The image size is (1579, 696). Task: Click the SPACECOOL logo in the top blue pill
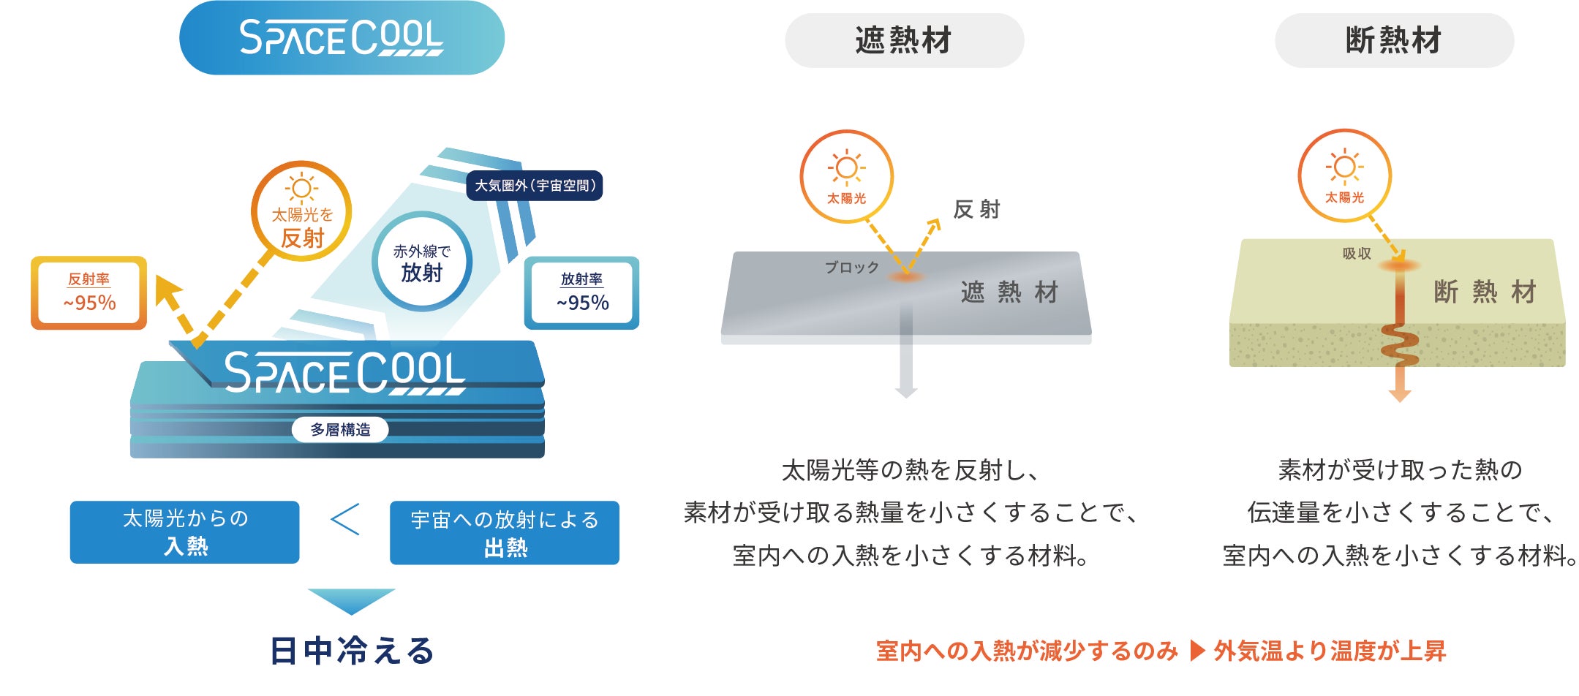[342, 37]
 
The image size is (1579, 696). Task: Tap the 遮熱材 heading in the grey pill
[904, 40]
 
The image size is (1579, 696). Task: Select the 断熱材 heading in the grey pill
[1394, 40]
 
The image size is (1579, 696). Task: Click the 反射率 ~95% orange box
[89, 292]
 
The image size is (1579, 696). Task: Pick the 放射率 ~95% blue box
[582, 292]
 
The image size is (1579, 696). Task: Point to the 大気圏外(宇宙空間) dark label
[535, 186]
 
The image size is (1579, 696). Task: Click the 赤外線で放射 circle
[422, 262]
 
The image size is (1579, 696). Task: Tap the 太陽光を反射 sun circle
[301, 211]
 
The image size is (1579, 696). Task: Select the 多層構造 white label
[340, 429]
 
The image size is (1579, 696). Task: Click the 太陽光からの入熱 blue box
[185, 532]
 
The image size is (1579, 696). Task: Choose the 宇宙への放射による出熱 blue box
[505, 532]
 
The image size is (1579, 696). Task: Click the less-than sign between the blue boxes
[345, 519]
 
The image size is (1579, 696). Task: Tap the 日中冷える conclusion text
[353, 651]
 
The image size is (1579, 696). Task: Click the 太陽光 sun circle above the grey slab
[847, 176]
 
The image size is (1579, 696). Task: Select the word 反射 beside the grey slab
[977, 210]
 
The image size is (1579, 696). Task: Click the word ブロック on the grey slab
[852, 268]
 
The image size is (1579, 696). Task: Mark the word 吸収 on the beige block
[1357, 254]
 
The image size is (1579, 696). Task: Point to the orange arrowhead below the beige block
[1400, 395]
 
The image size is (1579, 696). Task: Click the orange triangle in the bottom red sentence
[1198, 650]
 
